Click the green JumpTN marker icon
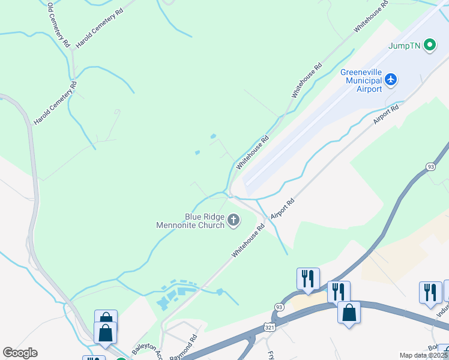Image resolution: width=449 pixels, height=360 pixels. (430, 45)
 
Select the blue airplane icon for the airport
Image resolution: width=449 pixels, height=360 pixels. (391, 79)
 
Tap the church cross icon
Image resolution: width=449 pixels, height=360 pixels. (234, 221)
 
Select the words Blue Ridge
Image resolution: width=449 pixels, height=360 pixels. (205, 217)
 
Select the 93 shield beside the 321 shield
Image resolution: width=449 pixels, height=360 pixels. (278, 307)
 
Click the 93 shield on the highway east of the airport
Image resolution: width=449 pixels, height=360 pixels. (430, 166)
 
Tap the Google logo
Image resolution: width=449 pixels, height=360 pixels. (20, 353)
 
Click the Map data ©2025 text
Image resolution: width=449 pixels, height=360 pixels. (423, 355)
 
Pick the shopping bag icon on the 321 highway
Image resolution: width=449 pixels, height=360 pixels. (349, 313)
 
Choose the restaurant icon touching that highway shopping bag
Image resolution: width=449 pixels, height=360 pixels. (338, 292)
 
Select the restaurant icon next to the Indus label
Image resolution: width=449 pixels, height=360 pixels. (430, 292)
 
